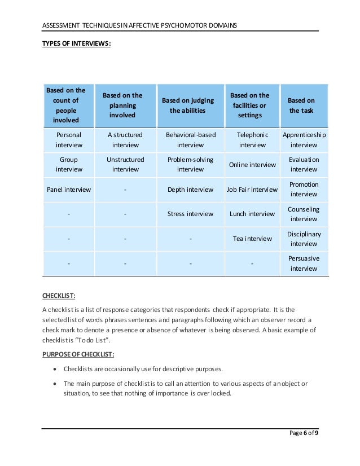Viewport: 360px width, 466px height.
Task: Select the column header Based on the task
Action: [301, 105]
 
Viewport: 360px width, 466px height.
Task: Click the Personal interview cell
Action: [69, 140]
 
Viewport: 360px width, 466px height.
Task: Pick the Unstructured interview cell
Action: [125, 165]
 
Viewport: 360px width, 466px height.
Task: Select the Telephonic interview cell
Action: [252, 140]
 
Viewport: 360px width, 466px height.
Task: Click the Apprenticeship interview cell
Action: [304, 140]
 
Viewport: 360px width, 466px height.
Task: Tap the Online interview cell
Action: [252, 165]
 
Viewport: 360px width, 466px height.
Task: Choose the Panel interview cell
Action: [69, 190]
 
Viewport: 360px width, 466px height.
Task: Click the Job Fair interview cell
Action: [252, 190]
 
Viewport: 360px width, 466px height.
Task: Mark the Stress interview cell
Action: [191, 214]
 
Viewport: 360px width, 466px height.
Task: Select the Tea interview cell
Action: [252, 239]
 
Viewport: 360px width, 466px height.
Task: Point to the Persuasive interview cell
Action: [304, 263]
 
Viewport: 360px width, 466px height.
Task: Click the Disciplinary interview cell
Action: [304, 239]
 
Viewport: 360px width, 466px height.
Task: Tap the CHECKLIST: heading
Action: [59, 294]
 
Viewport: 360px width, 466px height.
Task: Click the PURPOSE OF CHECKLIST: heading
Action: [78, 354]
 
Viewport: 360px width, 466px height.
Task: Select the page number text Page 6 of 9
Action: [303, 433]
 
